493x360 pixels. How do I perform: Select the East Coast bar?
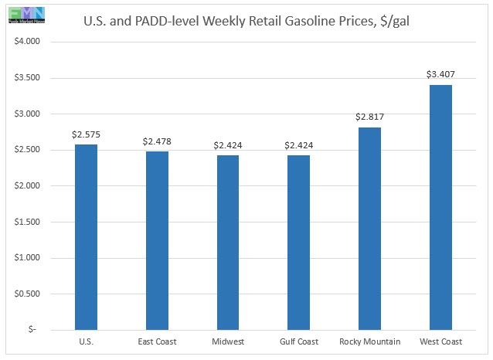[156, 240]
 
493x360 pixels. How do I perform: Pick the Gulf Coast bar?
[297, 242]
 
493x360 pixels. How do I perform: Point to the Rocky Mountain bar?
[369, 228]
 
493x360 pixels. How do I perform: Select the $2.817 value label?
[369, 117]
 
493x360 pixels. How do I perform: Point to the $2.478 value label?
[156, 141]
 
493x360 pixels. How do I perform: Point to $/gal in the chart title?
[394, 22]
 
